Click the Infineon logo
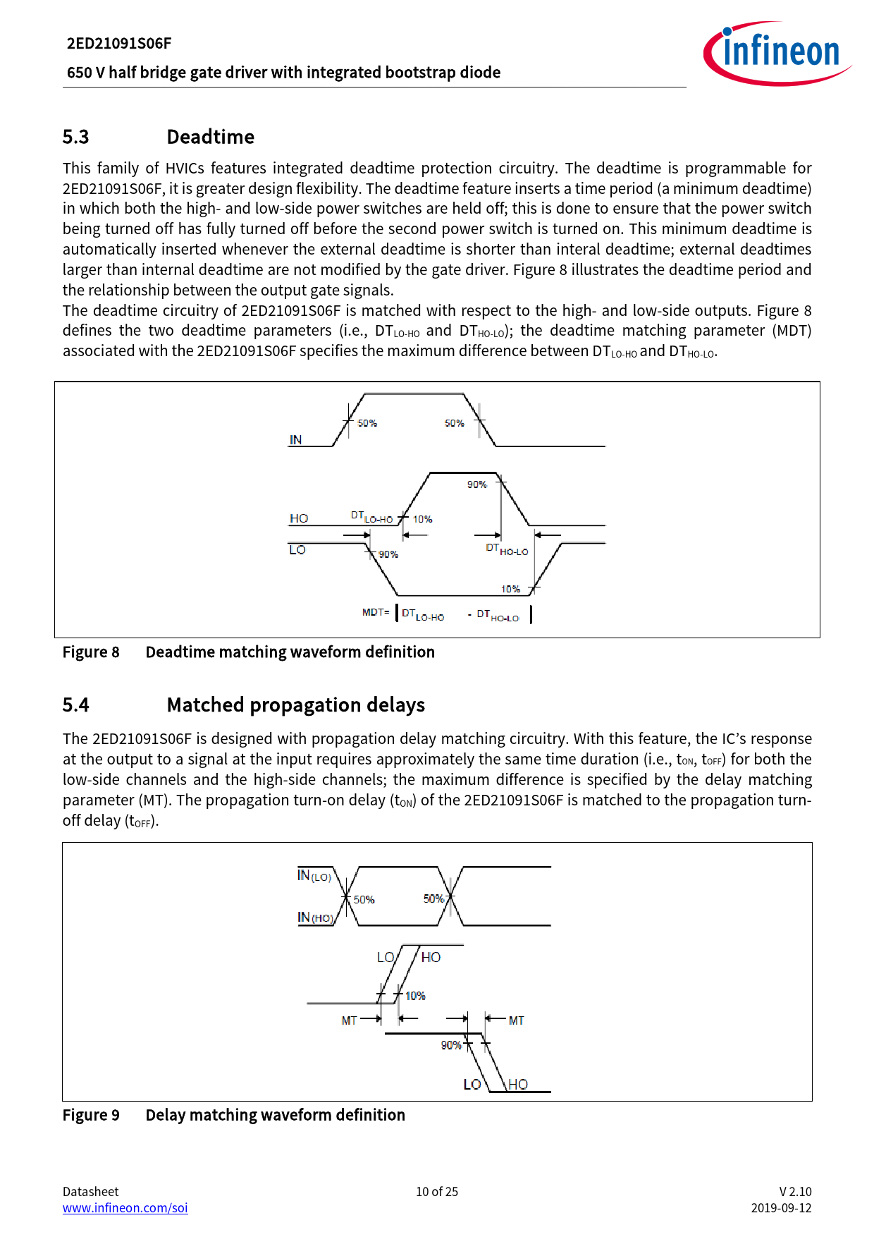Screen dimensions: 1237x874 click(x=777, y=53)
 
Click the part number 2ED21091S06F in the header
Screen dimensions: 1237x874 click(x=119, y=44)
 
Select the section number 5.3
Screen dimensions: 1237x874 click(x=75, y=137)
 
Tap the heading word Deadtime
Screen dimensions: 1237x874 click(x=210, y=137)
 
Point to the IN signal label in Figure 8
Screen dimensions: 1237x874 click(x=295, y=440)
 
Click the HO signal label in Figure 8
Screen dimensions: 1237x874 click(x=299, y=518)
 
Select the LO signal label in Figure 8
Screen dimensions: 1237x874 click(x=297, y=550)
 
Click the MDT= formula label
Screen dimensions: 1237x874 click(x=376, y=612)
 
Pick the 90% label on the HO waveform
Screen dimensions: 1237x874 click(x=477, y=485)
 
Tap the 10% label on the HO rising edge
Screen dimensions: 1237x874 click(x=422, y=519)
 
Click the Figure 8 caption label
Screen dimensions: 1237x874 click(x=91, y=652)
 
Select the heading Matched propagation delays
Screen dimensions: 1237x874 click(x=295, y=705)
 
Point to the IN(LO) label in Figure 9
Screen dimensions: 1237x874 click(x=314, y=876)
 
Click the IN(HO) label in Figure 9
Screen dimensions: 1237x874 click(x=315, y=918)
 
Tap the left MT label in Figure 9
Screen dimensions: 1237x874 click(x=349, y=1020)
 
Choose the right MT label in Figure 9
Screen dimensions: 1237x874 click(x=517, y=1020)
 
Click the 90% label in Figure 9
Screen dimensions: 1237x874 click(x=451, y=1045)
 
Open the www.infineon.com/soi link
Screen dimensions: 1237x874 click(x=125, y=1208)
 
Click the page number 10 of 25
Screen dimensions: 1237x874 click(x=437, y=1192)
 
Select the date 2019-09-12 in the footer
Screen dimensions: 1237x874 click(x=781, y=1208)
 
